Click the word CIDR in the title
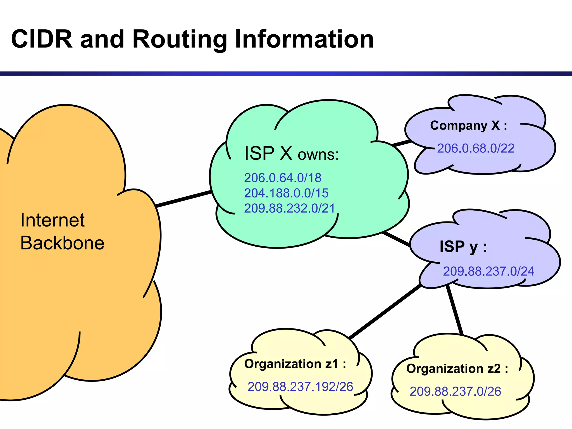42,39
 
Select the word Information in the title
304,39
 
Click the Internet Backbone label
62,231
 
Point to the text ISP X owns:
291,154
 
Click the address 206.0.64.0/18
283,178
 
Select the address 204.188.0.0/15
286,193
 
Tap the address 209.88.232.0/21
289,208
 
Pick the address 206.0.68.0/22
476,148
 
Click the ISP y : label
463,247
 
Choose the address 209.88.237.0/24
488,271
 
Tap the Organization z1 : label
295,364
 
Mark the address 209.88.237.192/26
300,387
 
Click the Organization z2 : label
457,369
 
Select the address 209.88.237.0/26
455,392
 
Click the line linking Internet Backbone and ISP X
183,199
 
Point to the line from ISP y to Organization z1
385,311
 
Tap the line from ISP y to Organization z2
454,310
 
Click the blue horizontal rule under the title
286,74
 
